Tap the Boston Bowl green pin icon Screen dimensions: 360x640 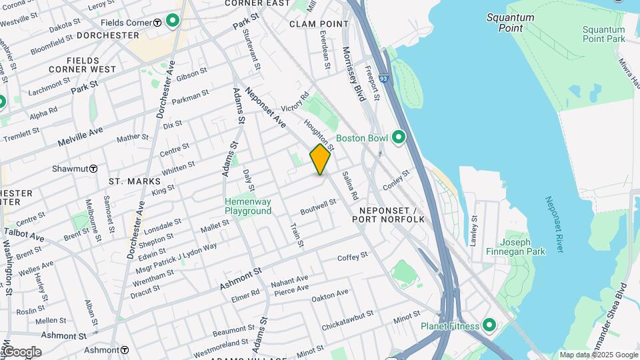(399, 138)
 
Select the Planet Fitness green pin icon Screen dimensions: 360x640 (489, 326)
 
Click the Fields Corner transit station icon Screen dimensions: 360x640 (157, 23)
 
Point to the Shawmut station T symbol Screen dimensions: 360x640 (94, 169)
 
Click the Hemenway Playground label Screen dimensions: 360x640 (248, 206)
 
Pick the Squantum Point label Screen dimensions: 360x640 (510, 23)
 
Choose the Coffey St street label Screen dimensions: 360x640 (353, 257)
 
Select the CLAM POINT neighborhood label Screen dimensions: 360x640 (319, 24)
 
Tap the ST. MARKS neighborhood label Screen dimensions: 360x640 (135, 181)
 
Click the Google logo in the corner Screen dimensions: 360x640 (21, 351)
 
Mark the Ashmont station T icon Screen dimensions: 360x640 (125, 350)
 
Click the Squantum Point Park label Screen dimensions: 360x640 (603, 34)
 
